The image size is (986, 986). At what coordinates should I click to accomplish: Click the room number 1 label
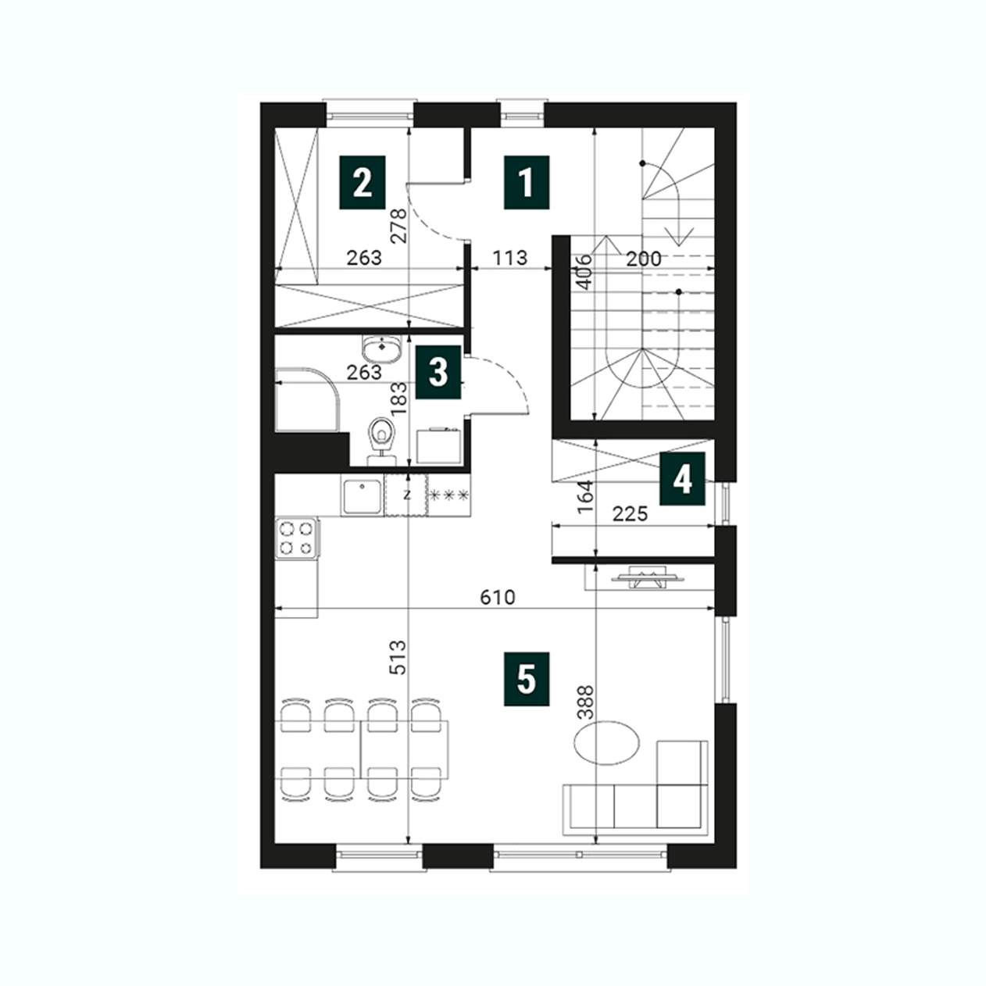click(527, 183)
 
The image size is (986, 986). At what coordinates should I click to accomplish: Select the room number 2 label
click(363, 183)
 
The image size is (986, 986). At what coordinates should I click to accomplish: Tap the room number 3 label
click(438, 372)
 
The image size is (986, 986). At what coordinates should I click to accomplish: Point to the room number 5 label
click(527, 679)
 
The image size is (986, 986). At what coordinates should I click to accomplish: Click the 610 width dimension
click(498, 597)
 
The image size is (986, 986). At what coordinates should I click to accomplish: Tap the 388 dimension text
click(585, 703)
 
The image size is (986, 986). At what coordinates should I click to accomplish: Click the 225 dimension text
click(631, 514)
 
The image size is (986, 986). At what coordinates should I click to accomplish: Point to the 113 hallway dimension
click(509, 258)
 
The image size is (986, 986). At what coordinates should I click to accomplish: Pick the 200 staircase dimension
click(644, 259)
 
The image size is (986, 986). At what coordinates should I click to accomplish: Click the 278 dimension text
click(398, 226)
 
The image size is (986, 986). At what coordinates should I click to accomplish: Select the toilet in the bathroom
click(382, 441)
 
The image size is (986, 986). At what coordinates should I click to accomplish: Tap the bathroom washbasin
click(382, 349)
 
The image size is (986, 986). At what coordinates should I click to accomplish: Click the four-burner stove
click(297, 538)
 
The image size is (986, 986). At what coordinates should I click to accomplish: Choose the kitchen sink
click(362, 496)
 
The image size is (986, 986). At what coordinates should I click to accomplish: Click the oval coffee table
click(607, 743)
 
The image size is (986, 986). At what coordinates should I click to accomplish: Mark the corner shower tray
click(307, 399)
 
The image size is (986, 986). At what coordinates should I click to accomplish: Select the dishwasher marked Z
click(405, 495)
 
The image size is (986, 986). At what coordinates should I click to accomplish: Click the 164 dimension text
click(585, 497)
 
